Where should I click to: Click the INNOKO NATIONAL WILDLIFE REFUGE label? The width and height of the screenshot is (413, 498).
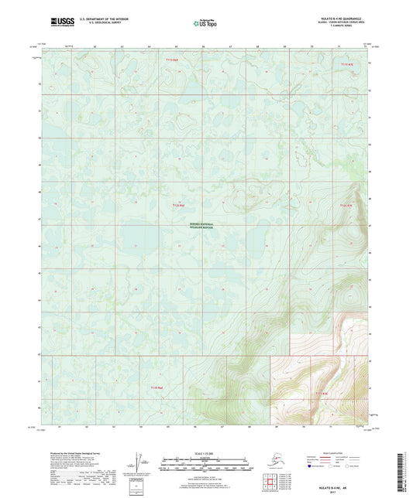coord(205,226)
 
